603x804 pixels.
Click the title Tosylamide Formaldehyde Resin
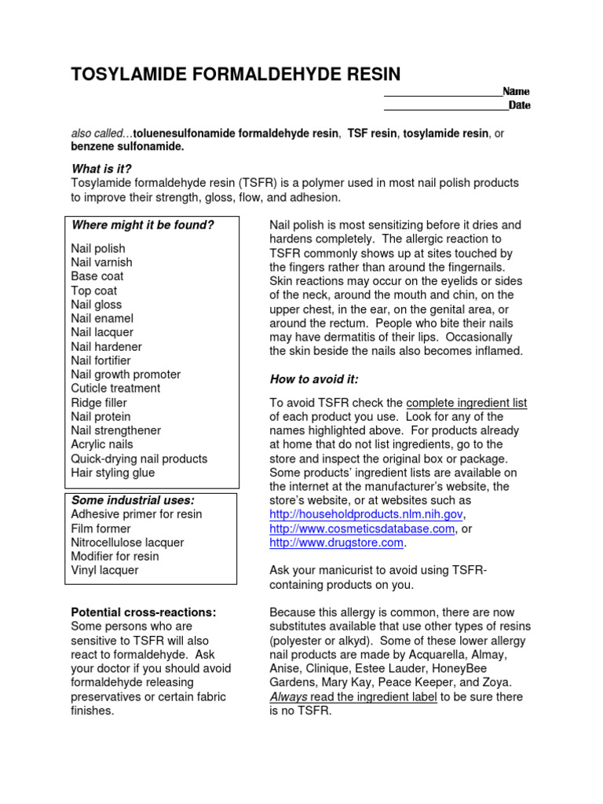coord(236,75)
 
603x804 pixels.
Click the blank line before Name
coord(442,93)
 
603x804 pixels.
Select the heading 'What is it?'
coord(101,169)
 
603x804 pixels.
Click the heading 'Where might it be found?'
coord(142,225)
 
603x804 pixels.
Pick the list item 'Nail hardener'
coord(106,346)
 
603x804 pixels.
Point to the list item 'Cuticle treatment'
coord(115,389)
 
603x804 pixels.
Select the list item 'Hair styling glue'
coord(112,473)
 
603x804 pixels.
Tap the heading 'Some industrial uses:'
coord(133,500)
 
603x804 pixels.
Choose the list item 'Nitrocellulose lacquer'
coord(127,543)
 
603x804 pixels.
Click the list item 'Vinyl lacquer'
coord(104,571)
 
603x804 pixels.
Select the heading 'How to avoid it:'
coord(314,379)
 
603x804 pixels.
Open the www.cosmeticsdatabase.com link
coord(362,528)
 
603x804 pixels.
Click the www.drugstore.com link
coord(337,543)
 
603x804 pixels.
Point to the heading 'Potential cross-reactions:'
coord(144,612)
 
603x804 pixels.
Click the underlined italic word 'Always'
coord(288,697)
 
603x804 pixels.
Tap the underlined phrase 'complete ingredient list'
coord(466,403)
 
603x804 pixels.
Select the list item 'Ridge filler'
coord(99,403)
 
